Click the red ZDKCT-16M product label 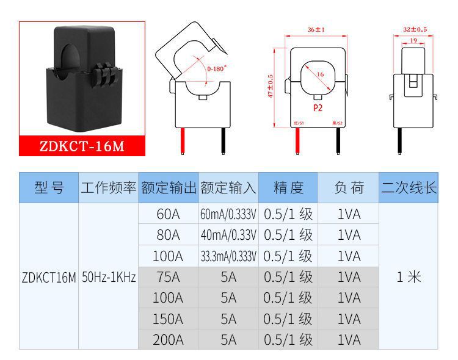pyautogui.click(x=82, y=146)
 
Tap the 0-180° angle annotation pyautogui.click(x=216, y=69)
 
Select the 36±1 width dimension pyautogui.click(x=315, y=29)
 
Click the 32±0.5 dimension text pyautogui.click(x=415, y=29)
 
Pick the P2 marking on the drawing pyautogui.click(x=317, y=107)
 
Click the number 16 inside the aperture pyautogui.click(x=320, y=74)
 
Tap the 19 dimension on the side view pyautogui.click(x=413, y=41)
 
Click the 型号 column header pyautogui.click(x=49, y=188)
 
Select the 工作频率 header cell pyautogui.click(x=109, y=188)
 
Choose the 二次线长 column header pyautogui.click(x=409, y=188)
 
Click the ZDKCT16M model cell pyautogui.click(x=49, y=276)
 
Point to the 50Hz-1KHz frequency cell pyautogui.click(x=109, y=276)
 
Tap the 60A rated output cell pyautogui.click(x=168, y=214)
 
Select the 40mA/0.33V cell pyautogui.click(x=228, y=235)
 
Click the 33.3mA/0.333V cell pyautogui.click(x=228, y=256)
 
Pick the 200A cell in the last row pyautogui.click(x=168, y=339)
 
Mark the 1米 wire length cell pyautogui.click(x=409, y=276)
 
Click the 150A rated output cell pyautogui.click(x=168, y=319)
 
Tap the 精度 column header pyautogui.click(x=288, y=188)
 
